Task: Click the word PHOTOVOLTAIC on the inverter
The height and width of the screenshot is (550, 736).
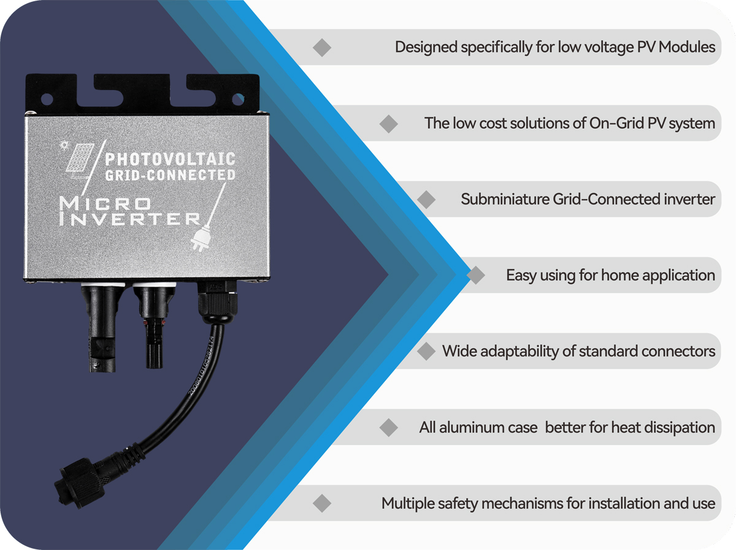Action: pos(171,159)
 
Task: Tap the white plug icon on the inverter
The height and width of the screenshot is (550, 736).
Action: pos(201,238)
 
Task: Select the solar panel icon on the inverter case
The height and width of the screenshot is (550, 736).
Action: pos(80,158)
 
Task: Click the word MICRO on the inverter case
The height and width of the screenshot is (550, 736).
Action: pos(105,203)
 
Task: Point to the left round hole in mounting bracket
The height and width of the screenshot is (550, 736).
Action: pos(47,99)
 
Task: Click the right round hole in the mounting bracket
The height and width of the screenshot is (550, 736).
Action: pos(238,99)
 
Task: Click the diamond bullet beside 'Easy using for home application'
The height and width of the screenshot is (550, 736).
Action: pos(476,275)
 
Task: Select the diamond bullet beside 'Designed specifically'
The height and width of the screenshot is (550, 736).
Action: pos(322,47)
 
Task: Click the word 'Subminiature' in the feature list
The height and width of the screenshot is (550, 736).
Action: pos(505,199)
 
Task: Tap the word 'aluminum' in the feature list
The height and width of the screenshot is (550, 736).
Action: pos(472,428)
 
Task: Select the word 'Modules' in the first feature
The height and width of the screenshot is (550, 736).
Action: pos(687,47)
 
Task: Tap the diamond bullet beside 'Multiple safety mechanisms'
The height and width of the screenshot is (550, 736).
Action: pos(322,503)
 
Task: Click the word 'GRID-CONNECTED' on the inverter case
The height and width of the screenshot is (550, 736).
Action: pos(171,175)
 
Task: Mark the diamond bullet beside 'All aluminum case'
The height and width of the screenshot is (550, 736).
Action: pos(389,428)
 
